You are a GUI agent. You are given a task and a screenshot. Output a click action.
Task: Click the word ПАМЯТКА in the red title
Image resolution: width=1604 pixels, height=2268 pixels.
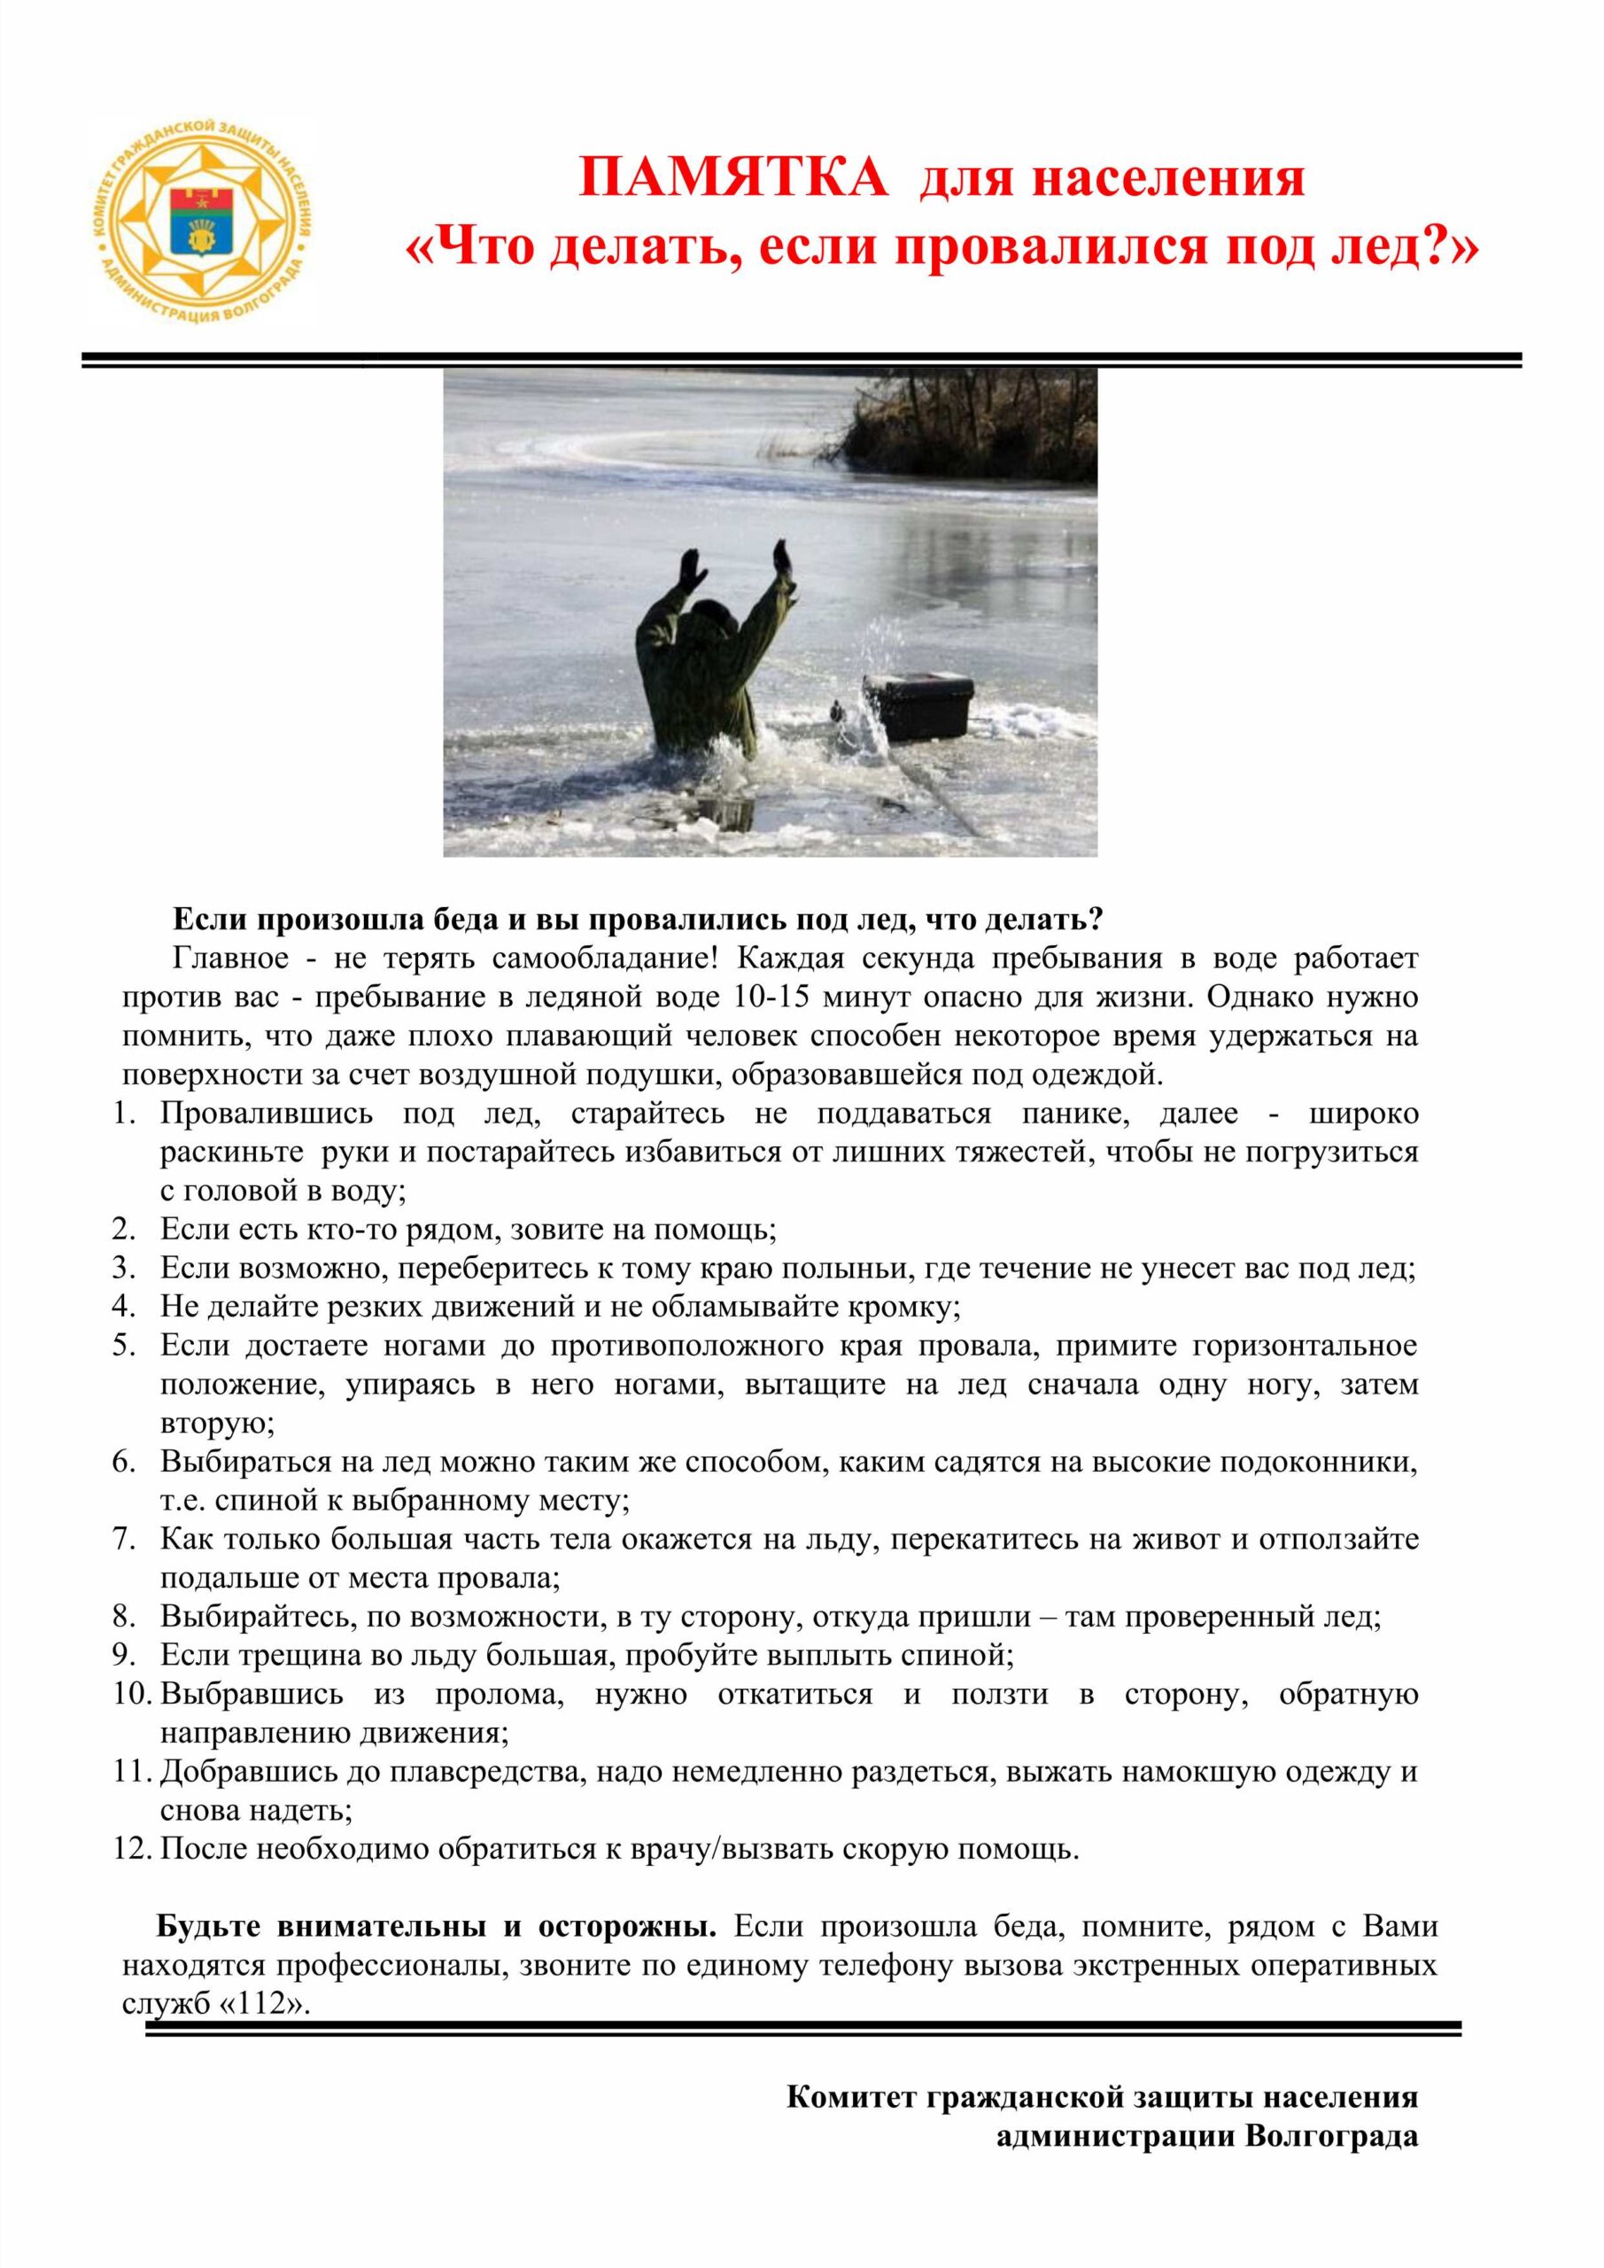click(x=732, y=179)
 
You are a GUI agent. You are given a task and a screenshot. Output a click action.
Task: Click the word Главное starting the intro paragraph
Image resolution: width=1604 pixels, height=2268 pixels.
click(x=231, y=959)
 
